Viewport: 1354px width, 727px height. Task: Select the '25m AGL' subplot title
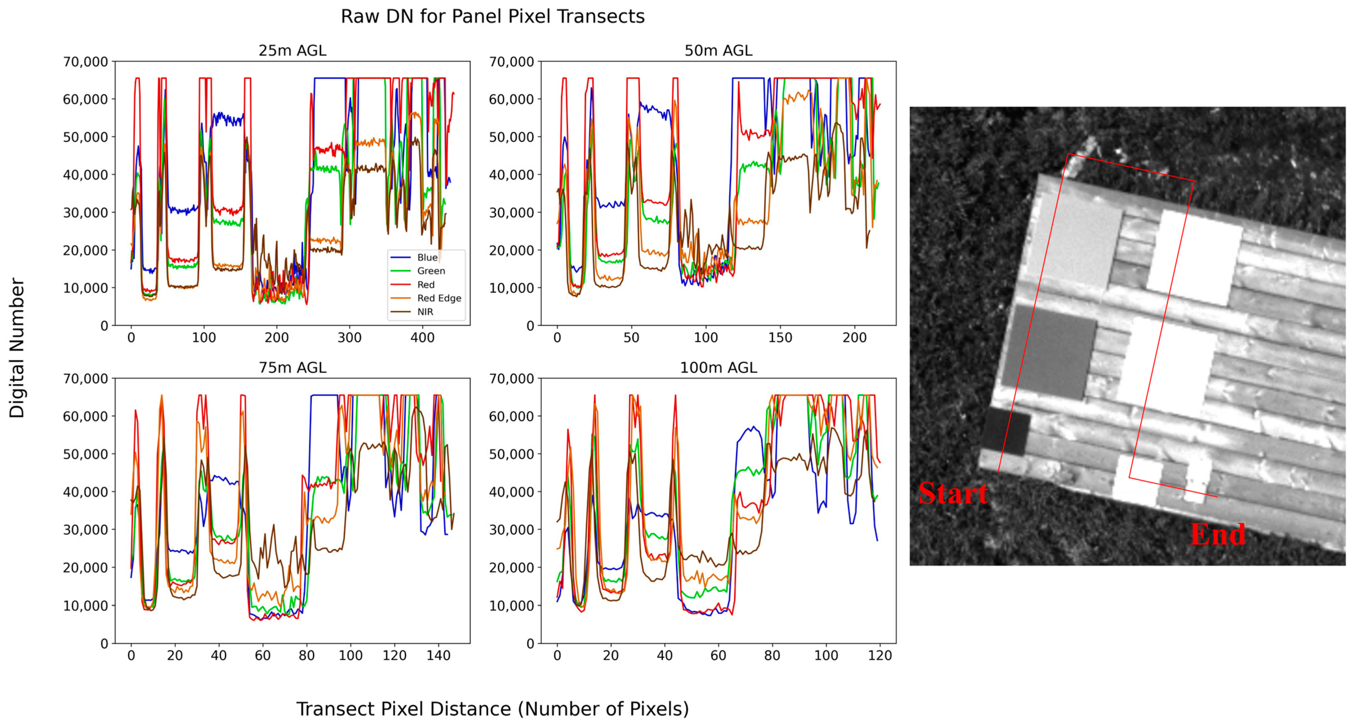(x=292, y=50)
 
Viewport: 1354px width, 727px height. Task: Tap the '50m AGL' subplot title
(x=718, y=50)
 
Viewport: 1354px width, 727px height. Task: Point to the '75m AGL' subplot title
(x=292, y=368)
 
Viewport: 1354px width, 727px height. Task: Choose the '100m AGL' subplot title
(x=718, y=368)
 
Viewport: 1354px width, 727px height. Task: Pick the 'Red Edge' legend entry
(x=439, y=298)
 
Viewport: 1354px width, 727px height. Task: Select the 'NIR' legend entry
(x=425, y=312)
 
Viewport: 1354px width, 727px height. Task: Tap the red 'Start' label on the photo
(x=953, y=493)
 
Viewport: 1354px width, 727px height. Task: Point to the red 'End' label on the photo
(x=1217, y=534)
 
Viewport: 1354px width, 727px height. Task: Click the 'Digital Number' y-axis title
(x=17, y=348)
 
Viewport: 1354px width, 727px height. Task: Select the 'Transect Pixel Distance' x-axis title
(x=492, y=709)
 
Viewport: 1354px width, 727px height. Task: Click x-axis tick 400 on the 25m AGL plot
(x=422, y=338)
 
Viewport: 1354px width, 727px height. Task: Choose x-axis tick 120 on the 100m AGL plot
(x=880, y=655)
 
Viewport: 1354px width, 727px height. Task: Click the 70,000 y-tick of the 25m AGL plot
(x=86, y=62)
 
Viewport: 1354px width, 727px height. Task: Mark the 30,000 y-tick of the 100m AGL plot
(x=511, y=530)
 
